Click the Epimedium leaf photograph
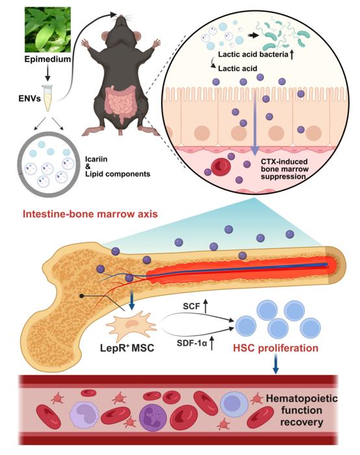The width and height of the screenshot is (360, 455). coord(48,30)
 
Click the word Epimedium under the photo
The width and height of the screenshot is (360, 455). coord(47,59)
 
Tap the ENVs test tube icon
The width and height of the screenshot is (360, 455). coord(47,98)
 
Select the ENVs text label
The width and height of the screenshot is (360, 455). coord(30,98)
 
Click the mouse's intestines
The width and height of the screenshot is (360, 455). coord(120,103)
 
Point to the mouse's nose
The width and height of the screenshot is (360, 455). coord(121,17)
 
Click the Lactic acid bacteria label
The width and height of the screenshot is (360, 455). coord(253,54)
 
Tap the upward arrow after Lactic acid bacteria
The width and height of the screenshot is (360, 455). coord(292,54)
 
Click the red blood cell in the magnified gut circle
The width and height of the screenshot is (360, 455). coord(221,167)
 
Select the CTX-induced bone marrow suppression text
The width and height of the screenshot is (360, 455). coord(284,169)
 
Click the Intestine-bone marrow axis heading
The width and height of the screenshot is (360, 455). coord(90,214)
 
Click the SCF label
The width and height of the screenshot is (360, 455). coord(192,306)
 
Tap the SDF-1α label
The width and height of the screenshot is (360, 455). coord(192,343)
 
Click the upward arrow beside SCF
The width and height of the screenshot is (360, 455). coord(206,306)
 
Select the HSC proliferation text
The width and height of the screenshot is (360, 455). coord(276,348)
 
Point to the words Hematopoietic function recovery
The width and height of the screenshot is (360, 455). coord(302,410)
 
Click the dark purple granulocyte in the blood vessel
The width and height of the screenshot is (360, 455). coord(153,417)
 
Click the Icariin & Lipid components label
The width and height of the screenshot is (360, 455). coord(118,167)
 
